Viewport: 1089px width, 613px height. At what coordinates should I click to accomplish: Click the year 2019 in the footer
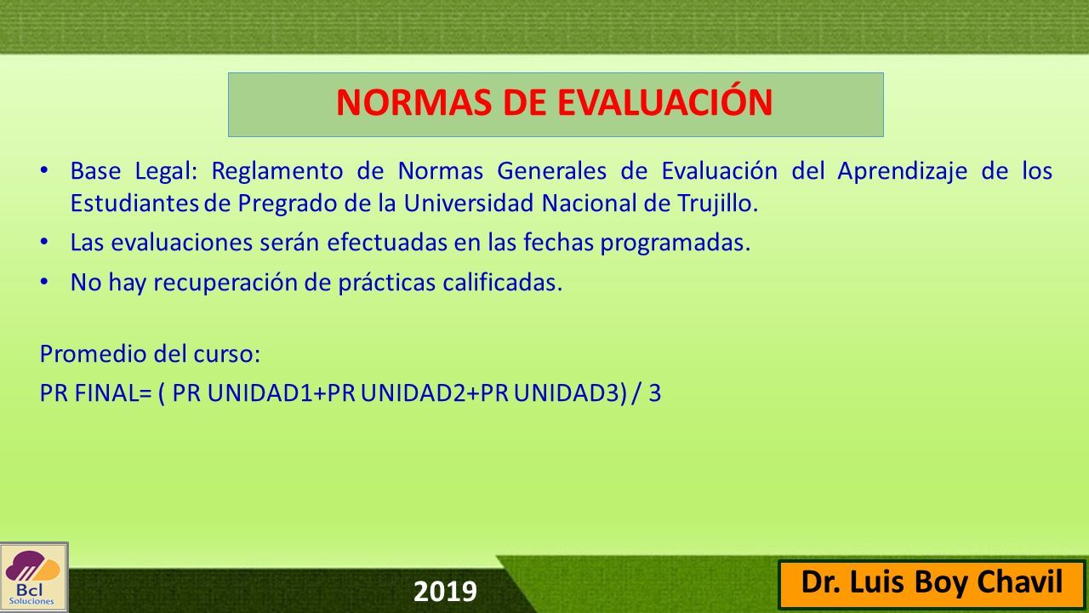[445, 592]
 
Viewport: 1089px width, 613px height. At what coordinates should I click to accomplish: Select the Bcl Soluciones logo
[33, 578]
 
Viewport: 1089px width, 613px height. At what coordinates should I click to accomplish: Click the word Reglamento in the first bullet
[277, 172]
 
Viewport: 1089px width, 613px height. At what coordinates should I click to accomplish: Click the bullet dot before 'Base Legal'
[44, 171]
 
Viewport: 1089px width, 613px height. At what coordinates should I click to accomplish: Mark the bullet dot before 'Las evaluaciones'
[44, 242]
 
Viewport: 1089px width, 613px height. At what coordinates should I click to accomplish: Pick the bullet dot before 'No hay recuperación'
[44, 282]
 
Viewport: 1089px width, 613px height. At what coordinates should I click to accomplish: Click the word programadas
[676, 243]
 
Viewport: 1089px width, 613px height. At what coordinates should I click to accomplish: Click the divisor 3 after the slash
[655, 393]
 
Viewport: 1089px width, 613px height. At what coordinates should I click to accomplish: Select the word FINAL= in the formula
[113, 393]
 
